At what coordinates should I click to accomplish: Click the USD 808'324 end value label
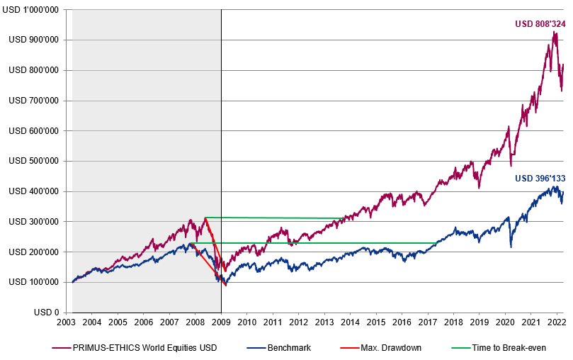(540, 24)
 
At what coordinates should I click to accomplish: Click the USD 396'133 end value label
(540, 178)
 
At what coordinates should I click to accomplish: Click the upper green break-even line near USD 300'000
(283, 218)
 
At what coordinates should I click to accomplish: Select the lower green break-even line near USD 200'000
(319, 243)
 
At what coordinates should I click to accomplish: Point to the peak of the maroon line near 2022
(554, 32)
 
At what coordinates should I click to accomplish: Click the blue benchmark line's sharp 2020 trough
(511, 247)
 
